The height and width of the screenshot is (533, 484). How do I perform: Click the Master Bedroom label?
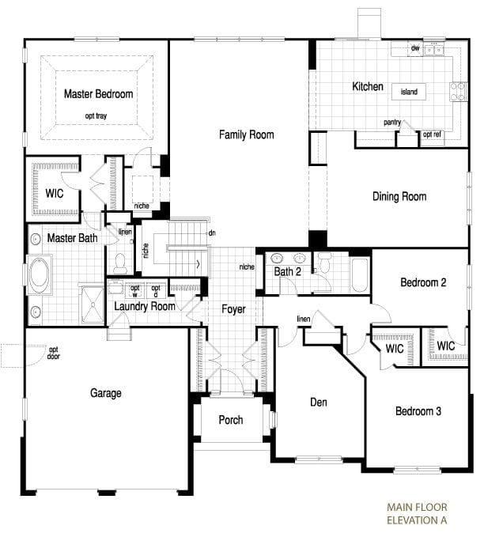click(x=98, y=94)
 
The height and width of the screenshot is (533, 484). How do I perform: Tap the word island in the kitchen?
click(x=409, y=93)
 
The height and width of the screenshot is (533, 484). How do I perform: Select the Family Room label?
click(x=247, y=134)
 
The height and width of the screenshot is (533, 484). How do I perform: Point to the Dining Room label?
click(x=399, y=197)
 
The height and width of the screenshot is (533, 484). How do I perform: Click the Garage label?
click(x=105, y=393)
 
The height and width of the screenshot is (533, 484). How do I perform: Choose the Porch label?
click(x=231, y=420)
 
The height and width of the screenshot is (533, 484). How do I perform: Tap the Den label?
click(x=319, y=403)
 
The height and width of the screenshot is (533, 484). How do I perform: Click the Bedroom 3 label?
click(x=419, y=411)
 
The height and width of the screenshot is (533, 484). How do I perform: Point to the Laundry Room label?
click(x=145, y=306)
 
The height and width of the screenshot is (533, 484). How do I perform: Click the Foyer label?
click(x=233, y=309)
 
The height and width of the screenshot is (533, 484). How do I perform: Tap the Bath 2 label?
click(x=288, y=272)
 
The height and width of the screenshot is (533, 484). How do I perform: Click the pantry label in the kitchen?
click(x=392, y=123)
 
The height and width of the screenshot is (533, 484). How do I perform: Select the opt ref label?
click(x=432, y=134)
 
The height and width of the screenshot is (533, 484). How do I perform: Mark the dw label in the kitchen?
click(x=414, y=48)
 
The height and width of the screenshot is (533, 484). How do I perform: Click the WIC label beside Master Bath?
click(x=55, y=192)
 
